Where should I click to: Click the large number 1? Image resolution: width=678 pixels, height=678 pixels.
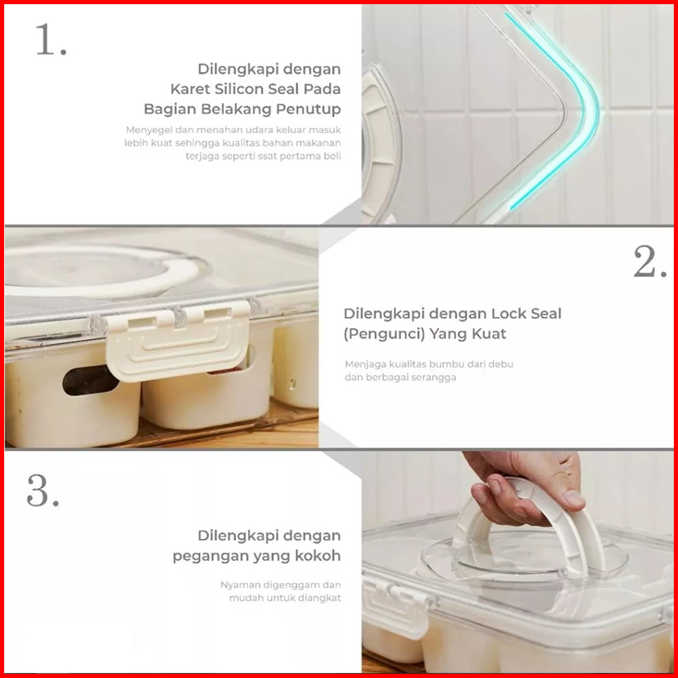click(50, 40)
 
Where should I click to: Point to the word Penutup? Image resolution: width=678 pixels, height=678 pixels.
click(308, 109)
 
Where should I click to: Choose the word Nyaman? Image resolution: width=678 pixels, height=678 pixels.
click(238, 585)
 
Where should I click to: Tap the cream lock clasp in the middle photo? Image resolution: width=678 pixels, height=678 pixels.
click(178, 342)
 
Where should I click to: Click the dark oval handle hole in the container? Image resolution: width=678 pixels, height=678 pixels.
click(90, 381)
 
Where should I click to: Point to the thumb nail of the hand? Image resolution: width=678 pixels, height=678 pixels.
click(574, 499)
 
